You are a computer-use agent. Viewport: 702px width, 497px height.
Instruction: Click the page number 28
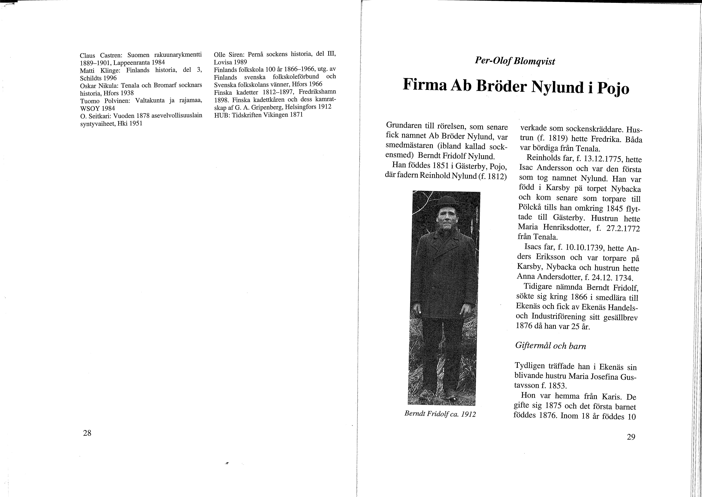click(87, 433)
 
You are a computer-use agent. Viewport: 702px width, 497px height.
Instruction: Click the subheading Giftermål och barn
click(550, 346)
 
